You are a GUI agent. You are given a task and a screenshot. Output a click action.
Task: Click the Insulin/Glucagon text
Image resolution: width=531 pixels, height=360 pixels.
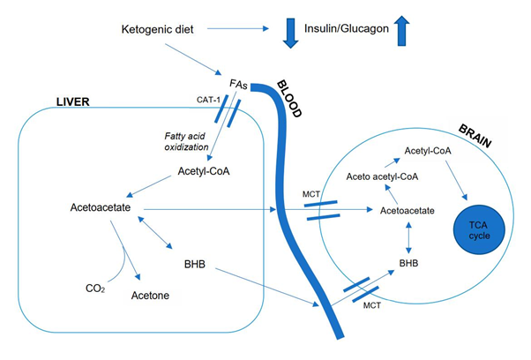347,30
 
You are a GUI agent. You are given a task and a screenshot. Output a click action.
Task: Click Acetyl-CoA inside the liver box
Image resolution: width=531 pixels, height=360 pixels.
204,170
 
